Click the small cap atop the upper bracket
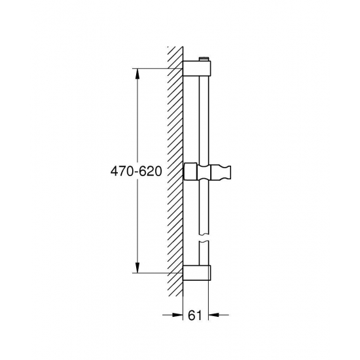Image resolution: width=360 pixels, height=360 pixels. (206, 59)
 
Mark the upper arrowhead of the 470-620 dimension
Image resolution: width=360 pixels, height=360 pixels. (137, 73)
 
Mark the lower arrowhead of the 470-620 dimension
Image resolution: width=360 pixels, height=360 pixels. (137, 266)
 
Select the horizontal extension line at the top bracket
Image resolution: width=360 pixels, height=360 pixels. (157, 68)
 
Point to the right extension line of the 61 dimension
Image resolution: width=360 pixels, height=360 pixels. (209, 301)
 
